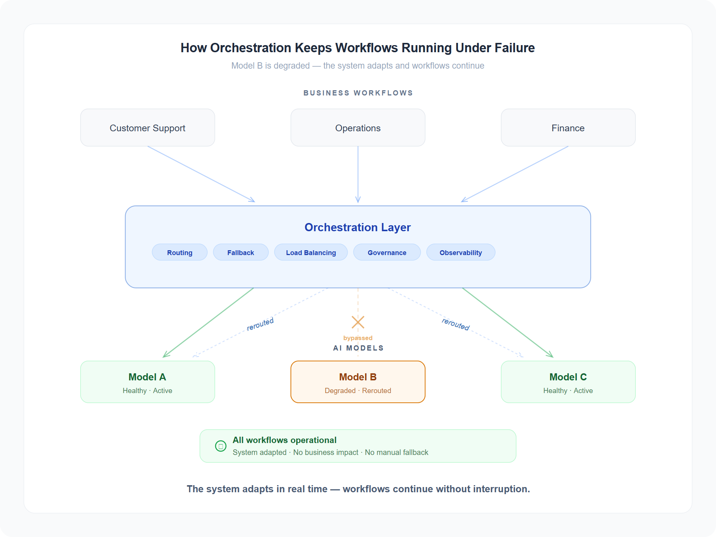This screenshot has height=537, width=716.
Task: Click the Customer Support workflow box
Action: click(147, 128)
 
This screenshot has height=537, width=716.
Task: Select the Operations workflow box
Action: click(358, 128)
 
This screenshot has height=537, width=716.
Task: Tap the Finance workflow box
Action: click(568, 128)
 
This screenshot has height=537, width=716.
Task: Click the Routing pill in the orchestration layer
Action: click(179, 252)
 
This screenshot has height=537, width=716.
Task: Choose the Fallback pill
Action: click(241, 252)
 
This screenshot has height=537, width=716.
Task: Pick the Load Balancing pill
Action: click(311, 252)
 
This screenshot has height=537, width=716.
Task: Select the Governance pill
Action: click(387, 252)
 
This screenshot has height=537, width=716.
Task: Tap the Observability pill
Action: click(461, 252)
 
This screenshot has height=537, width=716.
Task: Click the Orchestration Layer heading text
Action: click(357, 227)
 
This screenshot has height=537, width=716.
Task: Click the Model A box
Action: click(147, 382)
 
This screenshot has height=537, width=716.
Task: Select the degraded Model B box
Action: click(358, 382)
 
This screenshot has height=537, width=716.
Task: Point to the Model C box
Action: click(568, 382)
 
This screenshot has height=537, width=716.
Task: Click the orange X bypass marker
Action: click(358, 322)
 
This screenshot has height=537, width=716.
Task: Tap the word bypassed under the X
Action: click(358, 338)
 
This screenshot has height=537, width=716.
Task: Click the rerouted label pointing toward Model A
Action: click(260, 324)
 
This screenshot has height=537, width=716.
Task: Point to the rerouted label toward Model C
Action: click(455, 324)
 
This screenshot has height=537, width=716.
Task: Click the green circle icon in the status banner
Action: click(221, 446)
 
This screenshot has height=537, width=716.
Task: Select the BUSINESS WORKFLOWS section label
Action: click(358, 93)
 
